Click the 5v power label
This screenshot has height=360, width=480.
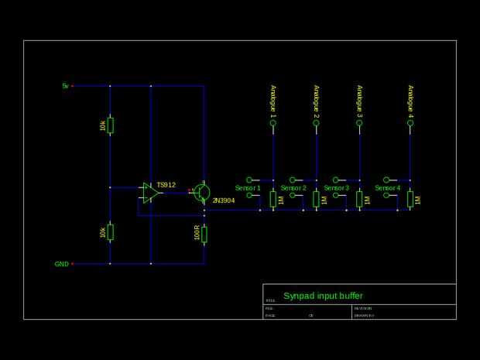click(x=66, y=86)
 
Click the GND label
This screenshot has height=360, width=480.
click(x=62, y=264)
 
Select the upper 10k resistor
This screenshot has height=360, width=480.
click(x=110, y=125)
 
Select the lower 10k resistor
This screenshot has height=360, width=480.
click(x=110, y=231)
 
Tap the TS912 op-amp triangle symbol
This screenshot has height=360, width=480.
click(x=150, y=193)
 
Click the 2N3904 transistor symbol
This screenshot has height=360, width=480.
click(x=202, y=192)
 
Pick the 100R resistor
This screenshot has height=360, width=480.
click(x=204, y=234)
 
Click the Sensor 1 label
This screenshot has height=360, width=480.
click(x=248, y=188)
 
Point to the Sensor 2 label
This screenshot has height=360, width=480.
click(x=293, y=188)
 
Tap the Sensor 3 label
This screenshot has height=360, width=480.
click(x=337, y=188)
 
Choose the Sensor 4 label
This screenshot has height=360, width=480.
click(x=388, y=188)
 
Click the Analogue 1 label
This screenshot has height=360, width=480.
click(x=273, y=101)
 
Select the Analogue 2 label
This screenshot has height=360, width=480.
click(x=317, y=101)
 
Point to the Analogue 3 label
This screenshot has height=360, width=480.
click(x=359, y=101)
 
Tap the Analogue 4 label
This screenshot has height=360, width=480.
click(x=410, y=101)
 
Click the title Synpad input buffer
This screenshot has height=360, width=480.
click(x=323, y=296)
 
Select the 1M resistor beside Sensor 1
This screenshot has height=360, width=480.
click(x=273, y=199)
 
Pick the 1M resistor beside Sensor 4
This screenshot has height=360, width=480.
click(x=410, y=199)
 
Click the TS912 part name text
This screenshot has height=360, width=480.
click(x=166, y=185)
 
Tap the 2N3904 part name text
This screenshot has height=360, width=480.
click(x=224, y=201)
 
